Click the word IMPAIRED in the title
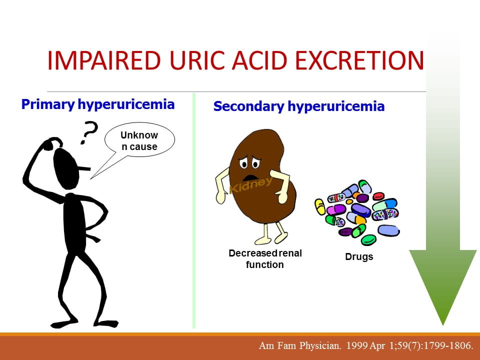[x=104, y=60]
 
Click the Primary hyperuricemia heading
[x=98, y=104]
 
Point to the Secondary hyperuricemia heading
[x=299, y=106]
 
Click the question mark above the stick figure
[x=89, y=132]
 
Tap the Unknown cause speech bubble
[x=139, y=140]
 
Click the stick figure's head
[x=66, y=168]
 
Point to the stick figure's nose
[x=85, y=168]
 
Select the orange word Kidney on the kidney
[x=251, y=185]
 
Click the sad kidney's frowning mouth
[x=250, y=177]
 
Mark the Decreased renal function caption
[x=265, y=258]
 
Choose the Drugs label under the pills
[x=359, y=256]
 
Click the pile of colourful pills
[x=357, y=212]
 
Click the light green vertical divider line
[x=194, y=210]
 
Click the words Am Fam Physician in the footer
[x=300, y=346]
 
